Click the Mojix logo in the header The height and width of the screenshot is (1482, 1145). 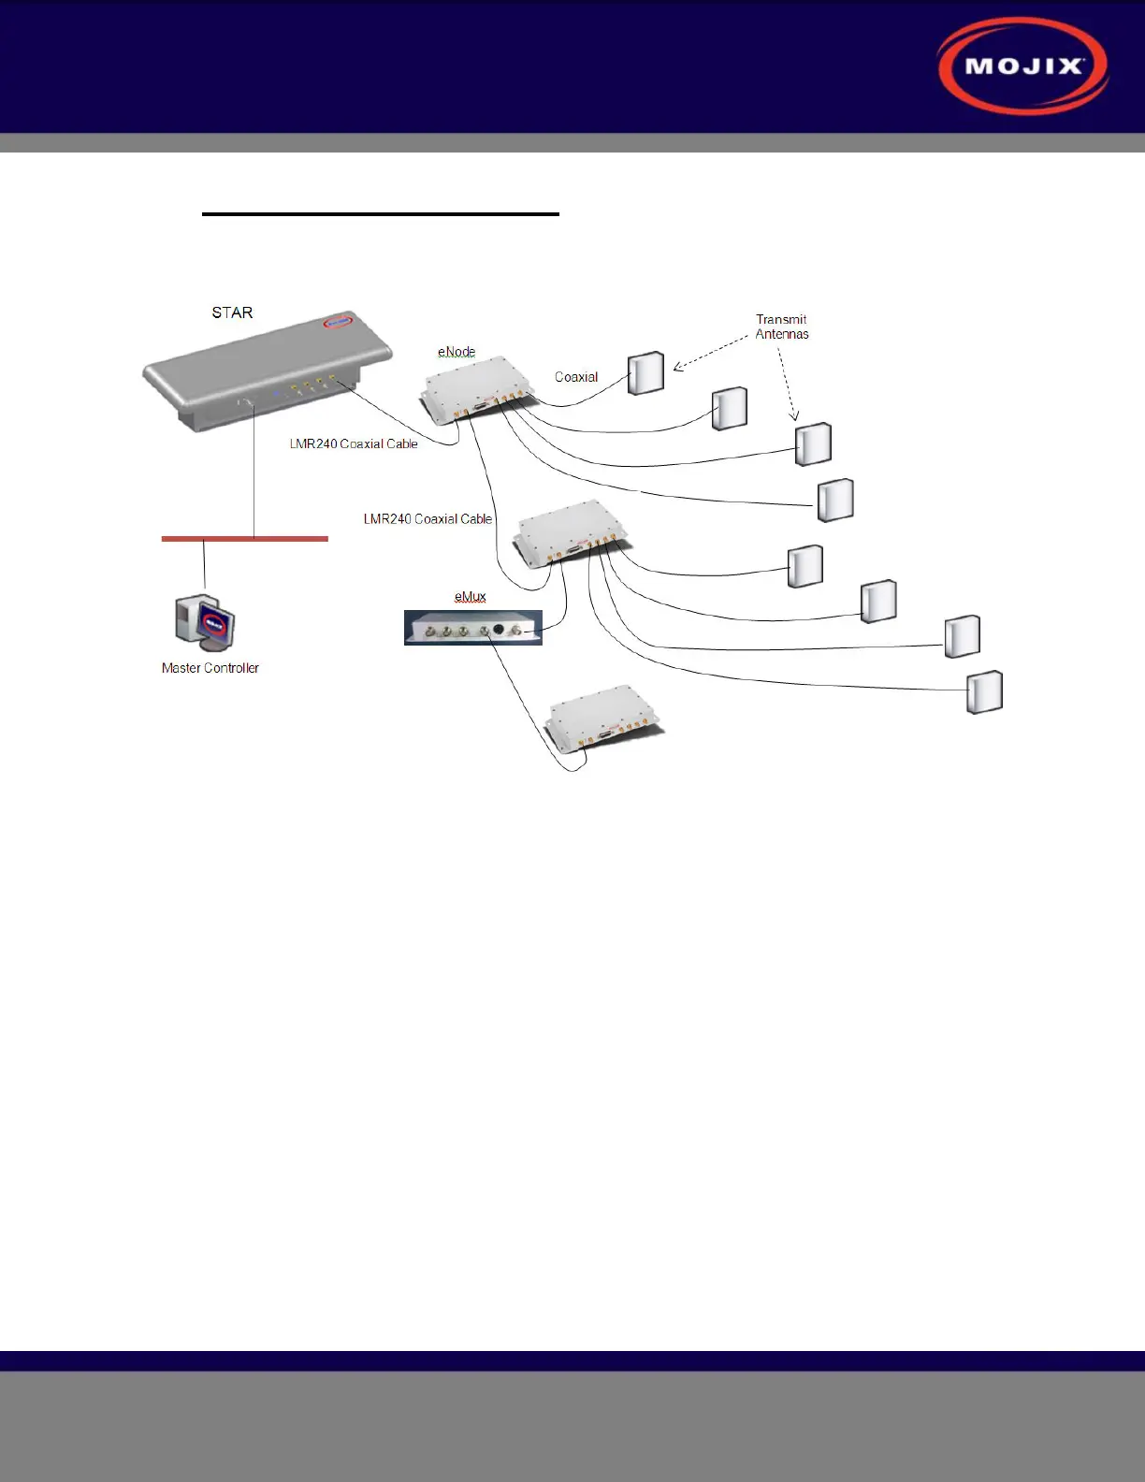[x=1023, y=66]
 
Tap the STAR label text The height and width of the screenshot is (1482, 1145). [x=232, y=312]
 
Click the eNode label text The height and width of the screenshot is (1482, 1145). [x=457, y=352]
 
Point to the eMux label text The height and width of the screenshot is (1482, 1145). [x=471, y=596]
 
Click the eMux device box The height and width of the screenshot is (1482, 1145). [x=472, y=628]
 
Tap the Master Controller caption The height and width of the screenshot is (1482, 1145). [x=210, y=668]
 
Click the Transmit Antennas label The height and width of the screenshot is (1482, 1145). [x=782, y=327]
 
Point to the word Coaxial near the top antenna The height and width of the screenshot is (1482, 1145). [x=576, y=377]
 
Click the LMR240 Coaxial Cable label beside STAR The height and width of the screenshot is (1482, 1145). [x=354, y=443]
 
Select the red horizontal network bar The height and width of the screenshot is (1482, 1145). [x=245, y=539]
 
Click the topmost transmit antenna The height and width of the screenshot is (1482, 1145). [x=645, y=373]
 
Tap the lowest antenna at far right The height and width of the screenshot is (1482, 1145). [x=984, y=692]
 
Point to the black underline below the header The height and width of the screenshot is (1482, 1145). [x=381, y=214]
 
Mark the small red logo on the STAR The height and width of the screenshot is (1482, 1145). [x=335, y=322]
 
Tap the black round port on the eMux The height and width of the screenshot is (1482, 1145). [x=499, y=630]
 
